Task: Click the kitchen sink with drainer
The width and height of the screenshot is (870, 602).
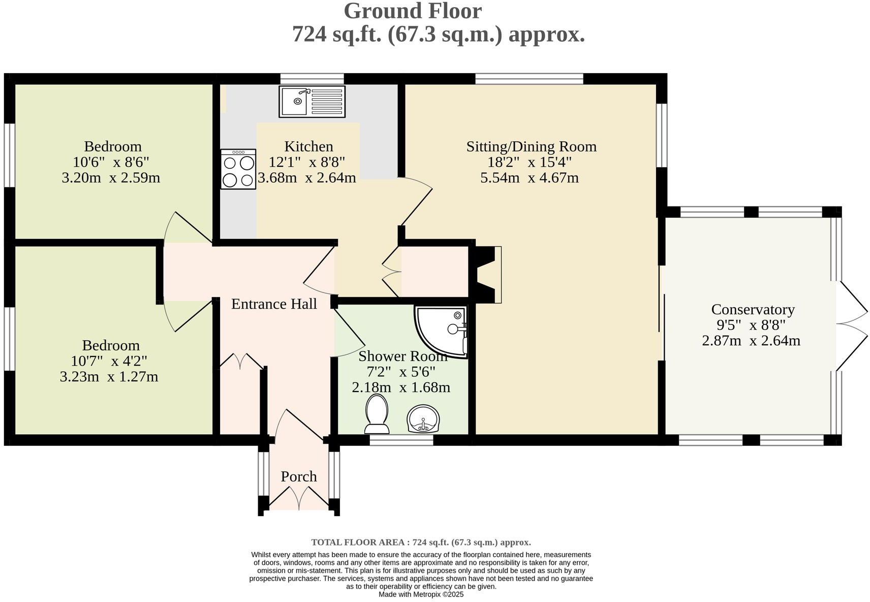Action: [x=312, y=101]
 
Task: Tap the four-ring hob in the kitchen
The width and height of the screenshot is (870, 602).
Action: [x=238, y=169]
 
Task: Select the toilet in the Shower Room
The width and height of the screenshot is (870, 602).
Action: [x=377, y=414]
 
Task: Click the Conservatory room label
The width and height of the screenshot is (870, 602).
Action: [x=753, y=309]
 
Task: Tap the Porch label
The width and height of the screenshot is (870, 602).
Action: [x=299, y=476]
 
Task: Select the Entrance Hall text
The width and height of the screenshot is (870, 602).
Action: [x=274, y=304]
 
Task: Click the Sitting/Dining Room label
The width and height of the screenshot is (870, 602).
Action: [x=532, y=146]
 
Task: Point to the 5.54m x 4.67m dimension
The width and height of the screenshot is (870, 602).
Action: [x=530, y=177]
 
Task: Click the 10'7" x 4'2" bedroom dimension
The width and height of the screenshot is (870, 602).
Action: [x=109, y=361]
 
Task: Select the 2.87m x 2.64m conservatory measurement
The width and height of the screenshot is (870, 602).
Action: [x=751, y=341]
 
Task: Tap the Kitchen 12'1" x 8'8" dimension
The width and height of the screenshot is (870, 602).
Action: [x=307, y=162]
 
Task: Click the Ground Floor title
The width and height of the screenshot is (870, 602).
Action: [x=413, y=11]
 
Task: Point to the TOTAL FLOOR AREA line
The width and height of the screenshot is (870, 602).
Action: [x=421, y=542]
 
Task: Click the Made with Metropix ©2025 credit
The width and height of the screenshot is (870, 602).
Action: [x=421, y=594]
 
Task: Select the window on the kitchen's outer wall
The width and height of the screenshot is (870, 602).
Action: [x=312, y=79]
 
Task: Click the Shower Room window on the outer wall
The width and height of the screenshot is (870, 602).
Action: [x=401, y=440]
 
